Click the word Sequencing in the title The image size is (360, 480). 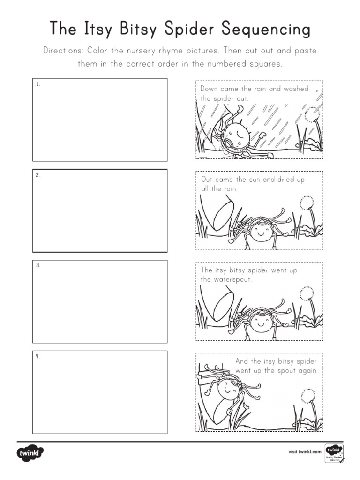pos(266,30)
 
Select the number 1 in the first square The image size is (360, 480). pos(37,84)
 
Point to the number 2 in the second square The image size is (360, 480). pos(37,175)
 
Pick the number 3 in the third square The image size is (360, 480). pos(37,266)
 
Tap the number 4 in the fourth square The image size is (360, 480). pos(37,356)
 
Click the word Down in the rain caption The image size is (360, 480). pos(210,89)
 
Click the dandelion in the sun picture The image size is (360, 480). pos(306,202)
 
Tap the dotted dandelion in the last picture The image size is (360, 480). pos(308,395)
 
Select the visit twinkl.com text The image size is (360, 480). pos(305,452)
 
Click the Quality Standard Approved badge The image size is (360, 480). pos(334,453)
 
